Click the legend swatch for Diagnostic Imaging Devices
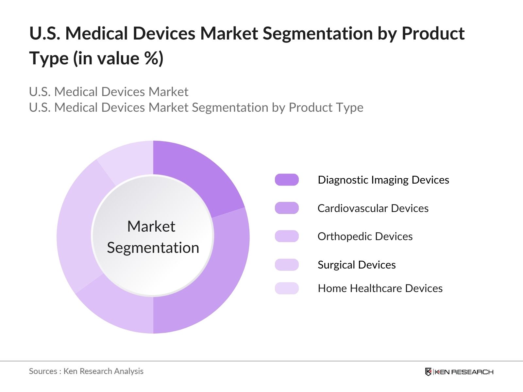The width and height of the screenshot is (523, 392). click(x=287, y=180)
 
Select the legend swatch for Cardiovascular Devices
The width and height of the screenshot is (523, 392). click(x=287, y=208)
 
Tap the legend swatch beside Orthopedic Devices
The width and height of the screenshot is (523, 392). click(x=287, y=236)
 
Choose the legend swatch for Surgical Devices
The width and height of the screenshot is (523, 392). click(x=287, y=265)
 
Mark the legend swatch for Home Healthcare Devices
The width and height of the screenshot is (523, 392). click(x=287, y=288)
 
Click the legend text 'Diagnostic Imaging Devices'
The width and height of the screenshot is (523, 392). click(x=383, y=180)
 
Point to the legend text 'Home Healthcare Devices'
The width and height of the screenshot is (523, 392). click(x=380, y=288)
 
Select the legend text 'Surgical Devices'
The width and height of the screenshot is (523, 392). click(x=356, y=265)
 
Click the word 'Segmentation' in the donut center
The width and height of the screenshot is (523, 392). click(x=153, y=248)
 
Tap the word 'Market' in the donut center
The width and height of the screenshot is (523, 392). click(x=151, y=226)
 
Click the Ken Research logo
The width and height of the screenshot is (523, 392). click(x=459, y=372)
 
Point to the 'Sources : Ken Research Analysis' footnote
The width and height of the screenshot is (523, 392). click(x=86, y=371)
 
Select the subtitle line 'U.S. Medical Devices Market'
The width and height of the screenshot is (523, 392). click(x=109, y=92)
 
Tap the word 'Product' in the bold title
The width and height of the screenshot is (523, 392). click(x=433, y=33)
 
